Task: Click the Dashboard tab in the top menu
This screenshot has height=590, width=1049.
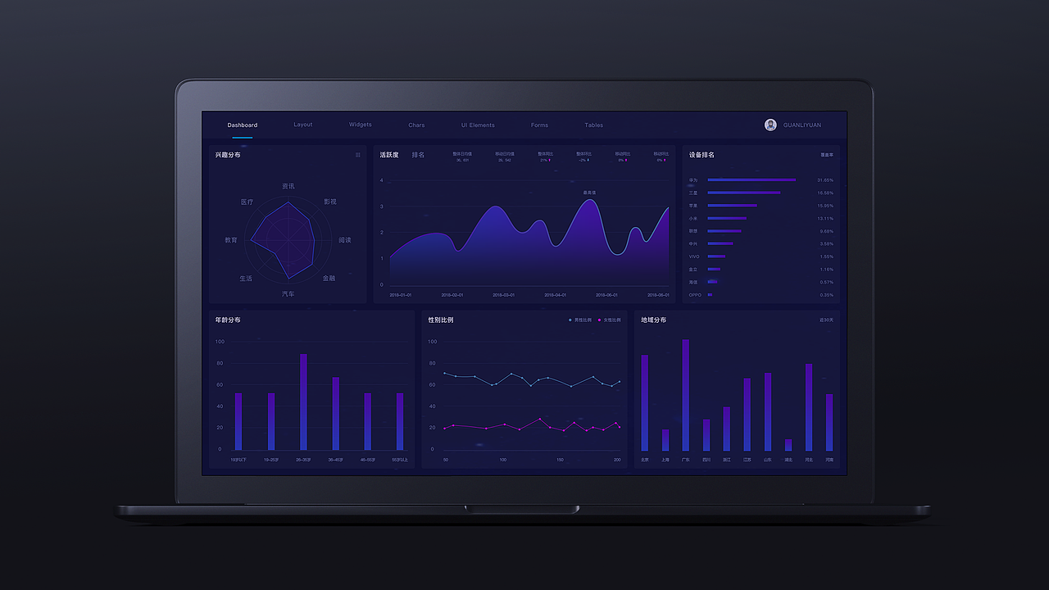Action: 242,125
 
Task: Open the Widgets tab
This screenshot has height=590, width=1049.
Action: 360,125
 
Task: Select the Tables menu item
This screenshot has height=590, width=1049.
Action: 593,125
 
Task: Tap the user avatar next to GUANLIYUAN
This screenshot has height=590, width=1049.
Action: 770,125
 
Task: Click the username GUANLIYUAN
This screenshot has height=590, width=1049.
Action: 802,125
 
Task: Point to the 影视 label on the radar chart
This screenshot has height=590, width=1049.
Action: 329,202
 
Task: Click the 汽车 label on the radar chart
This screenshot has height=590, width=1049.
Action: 288,293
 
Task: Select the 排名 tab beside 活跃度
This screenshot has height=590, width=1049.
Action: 418,155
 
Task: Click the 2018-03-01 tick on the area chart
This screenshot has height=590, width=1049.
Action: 503,295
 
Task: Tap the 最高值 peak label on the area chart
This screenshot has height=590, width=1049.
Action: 589,193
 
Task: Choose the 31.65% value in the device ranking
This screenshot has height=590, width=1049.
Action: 824,180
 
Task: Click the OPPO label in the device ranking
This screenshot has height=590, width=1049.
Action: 694,295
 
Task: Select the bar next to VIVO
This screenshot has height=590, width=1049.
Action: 715,256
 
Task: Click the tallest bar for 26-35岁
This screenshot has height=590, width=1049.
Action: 303,402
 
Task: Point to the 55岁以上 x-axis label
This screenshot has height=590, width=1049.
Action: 399,460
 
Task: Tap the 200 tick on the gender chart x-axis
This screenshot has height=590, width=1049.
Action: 617,460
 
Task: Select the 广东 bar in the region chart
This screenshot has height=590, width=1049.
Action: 685,395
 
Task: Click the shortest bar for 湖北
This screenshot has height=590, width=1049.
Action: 788,445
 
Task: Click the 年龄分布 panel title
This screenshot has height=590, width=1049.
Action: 228,320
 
